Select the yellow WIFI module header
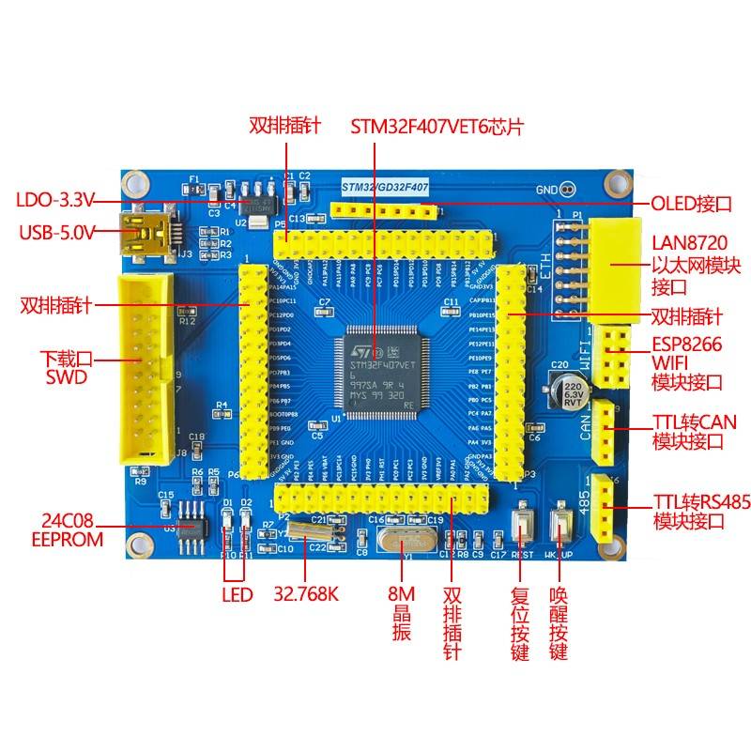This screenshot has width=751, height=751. click(x=616, y=358)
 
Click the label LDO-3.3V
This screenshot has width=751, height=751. click(x=55, y=200)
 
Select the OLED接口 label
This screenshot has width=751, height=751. click(x=691, y=204)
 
